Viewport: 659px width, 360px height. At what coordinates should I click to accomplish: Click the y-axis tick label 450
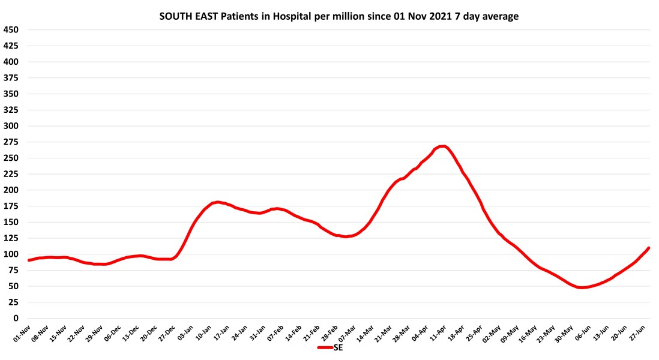click(x=11, y=29)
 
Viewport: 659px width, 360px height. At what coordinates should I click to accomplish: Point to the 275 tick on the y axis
click(x=11, y=142)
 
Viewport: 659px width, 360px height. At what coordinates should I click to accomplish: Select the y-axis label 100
click(x=11, y=254)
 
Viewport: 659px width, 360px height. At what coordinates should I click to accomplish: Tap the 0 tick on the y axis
click(x=16, y=318)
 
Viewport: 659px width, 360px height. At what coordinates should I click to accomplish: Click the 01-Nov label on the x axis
click(x=22, y=333)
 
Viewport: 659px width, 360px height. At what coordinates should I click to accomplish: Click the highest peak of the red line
click(x=442, y=146)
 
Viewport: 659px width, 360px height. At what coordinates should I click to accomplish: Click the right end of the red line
click(x=649, y=248)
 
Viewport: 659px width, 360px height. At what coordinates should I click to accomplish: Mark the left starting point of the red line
click(x=28, y=260)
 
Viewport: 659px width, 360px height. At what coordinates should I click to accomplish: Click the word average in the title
click(x=499, y=17)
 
